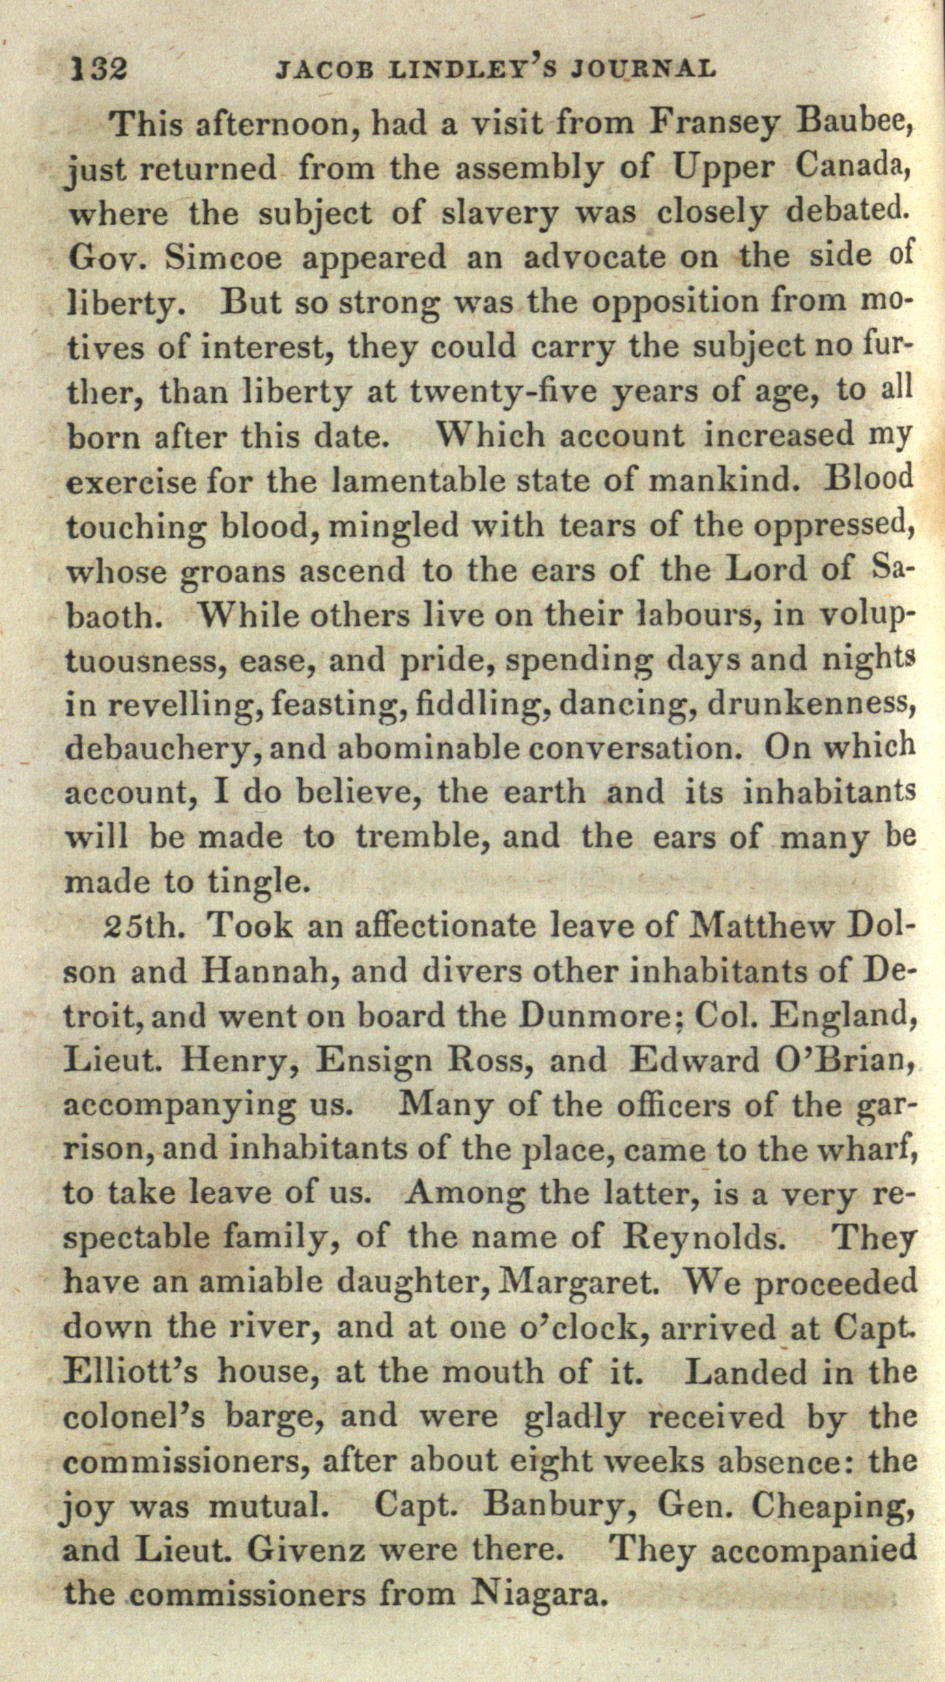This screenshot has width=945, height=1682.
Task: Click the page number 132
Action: point(98,68)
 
